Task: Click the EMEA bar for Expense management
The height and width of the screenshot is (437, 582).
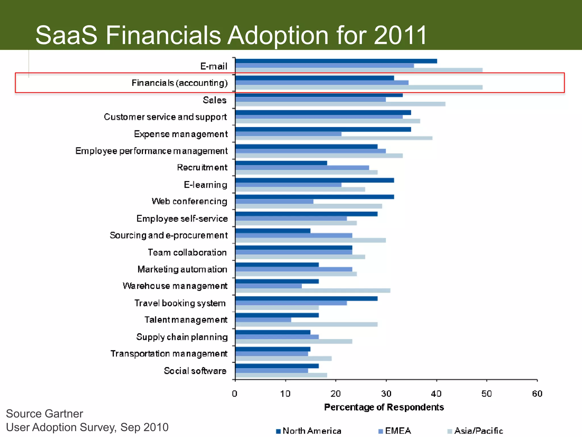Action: (x=288, y=134)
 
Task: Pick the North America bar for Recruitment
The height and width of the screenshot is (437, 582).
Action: (x=281, y=163)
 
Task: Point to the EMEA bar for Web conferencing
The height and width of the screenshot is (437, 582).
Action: (x=274, y=202)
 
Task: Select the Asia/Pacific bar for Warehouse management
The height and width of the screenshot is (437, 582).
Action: (x=313, y=290)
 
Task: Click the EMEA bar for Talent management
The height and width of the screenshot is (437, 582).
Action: (x=263, y=320)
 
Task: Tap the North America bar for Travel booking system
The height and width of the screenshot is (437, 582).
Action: (x=306, y=298)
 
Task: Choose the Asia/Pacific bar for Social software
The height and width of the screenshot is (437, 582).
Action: (x=281, y=375)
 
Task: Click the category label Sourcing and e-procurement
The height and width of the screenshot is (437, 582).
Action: (x=169, y=236)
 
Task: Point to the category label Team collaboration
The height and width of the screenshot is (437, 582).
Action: (x=187, y=253)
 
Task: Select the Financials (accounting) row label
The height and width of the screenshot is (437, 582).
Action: (x=180, y=83)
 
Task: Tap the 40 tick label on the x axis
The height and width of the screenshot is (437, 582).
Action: (x=436, y=394)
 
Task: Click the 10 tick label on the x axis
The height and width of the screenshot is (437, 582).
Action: (x=285, y=394)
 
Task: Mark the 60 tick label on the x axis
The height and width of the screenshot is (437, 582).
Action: (x=537, y=394)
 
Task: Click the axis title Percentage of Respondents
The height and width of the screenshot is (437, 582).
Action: (x=384, y=407)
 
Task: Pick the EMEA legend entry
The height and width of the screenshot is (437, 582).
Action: (x=398, y=431)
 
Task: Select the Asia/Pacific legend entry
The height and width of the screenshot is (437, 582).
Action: (x=478, y=431)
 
